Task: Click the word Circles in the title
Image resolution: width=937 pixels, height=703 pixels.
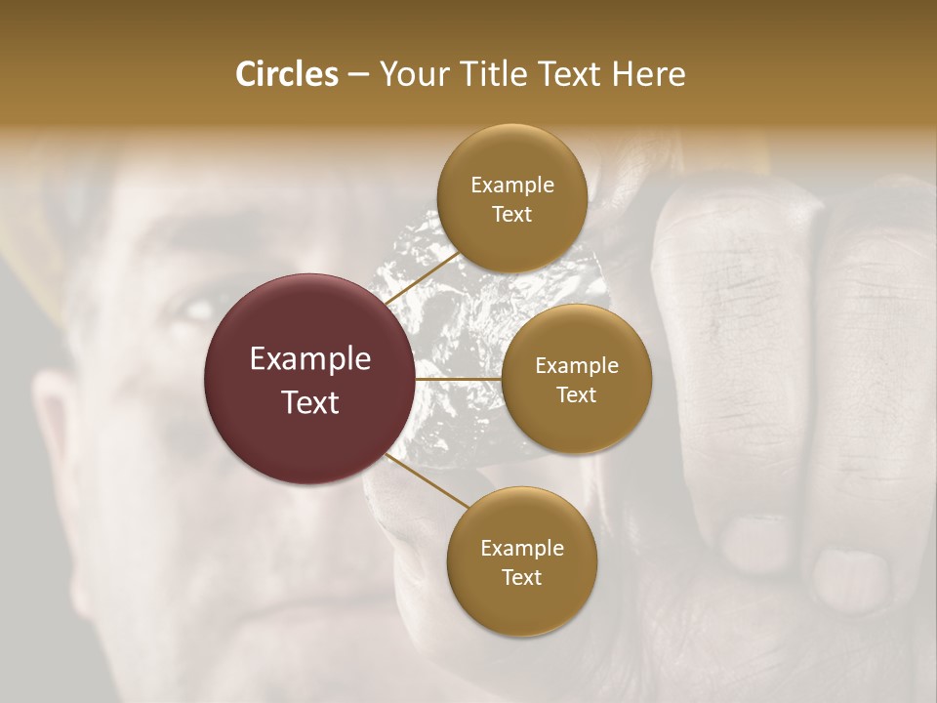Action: tap(286, 73)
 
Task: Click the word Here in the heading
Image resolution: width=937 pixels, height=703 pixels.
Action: tap(649, 73)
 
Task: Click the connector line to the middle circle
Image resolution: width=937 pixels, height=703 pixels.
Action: tap(459, 379)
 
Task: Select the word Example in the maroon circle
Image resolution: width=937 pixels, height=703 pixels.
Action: tap(310, 358)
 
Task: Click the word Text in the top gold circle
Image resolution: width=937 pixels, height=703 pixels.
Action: tap(511, 214)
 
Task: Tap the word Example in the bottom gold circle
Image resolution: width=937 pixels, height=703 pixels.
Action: tap(521, 548)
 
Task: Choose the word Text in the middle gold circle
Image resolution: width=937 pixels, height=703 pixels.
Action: tap(576, 394)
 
